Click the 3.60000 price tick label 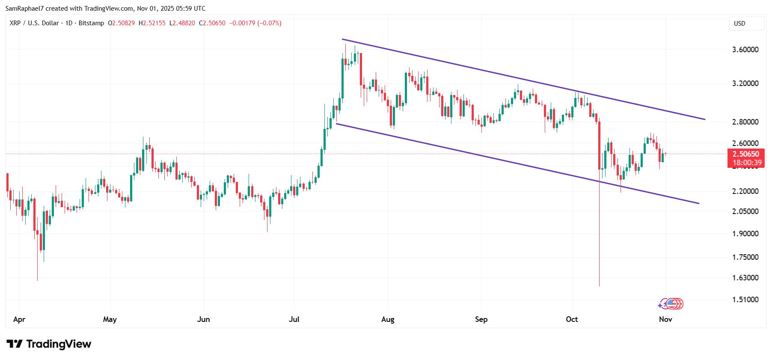point(745,50)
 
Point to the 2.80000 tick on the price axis point(745,122)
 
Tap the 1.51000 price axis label point(745,300)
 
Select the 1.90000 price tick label point(745,234)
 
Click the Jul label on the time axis point(294,319)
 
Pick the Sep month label point(481,319)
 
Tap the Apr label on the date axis point(19,319)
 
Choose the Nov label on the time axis point(665,319)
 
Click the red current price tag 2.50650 point(745,154)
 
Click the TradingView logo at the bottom point(49,344)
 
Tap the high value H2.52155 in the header point(152,23)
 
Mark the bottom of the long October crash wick point(599,286)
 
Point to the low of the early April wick point(37,280)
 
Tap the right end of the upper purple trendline point(704,119)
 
